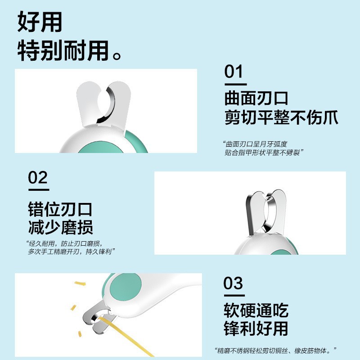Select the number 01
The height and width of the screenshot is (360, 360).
click(x=234, y=72)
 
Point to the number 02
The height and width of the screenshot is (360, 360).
click(x=38, y=178)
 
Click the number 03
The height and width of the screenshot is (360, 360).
click(x=234, y=284)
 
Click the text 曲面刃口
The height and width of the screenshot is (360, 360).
click(x=256, y=98)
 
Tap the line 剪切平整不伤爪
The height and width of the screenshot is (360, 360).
click(x=281, y=118)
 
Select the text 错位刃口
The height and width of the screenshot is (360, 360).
click(x=60, y=208)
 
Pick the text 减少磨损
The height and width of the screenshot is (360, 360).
click(x=60, y=227)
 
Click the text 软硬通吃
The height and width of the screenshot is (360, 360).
click(x=256, y=310)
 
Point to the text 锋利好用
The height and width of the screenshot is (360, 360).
click(x=256, y=329)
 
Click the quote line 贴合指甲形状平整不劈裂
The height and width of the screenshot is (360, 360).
click(x=264, y=153)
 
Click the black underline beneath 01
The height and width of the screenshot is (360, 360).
click(x=235, y=84)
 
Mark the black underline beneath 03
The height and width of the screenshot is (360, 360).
click(x=234, y=296)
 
